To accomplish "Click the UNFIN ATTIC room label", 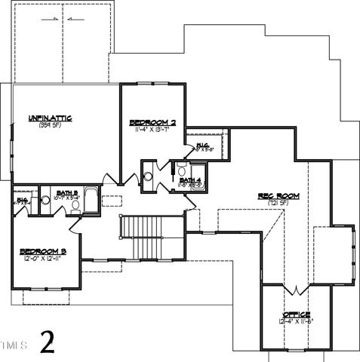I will pos(51,118).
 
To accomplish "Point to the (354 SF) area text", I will pos(50,125).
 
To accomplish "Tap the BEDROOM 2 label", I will pos(152,122).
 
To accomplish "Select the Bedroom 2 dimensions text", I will pos(152,130).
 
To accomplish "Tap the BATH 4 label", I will pos(189,179).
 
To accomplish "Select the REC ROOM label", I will pos(278,195).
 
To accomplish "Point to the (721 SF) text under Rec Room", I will pos(278,203).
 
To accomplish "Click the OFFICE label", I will pos(296,314).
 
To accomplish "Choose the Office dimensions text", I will pos(296,321).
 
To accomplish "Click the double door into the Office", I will pos(295,290).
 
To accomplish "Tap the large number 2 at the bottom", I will pos(48,342).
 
